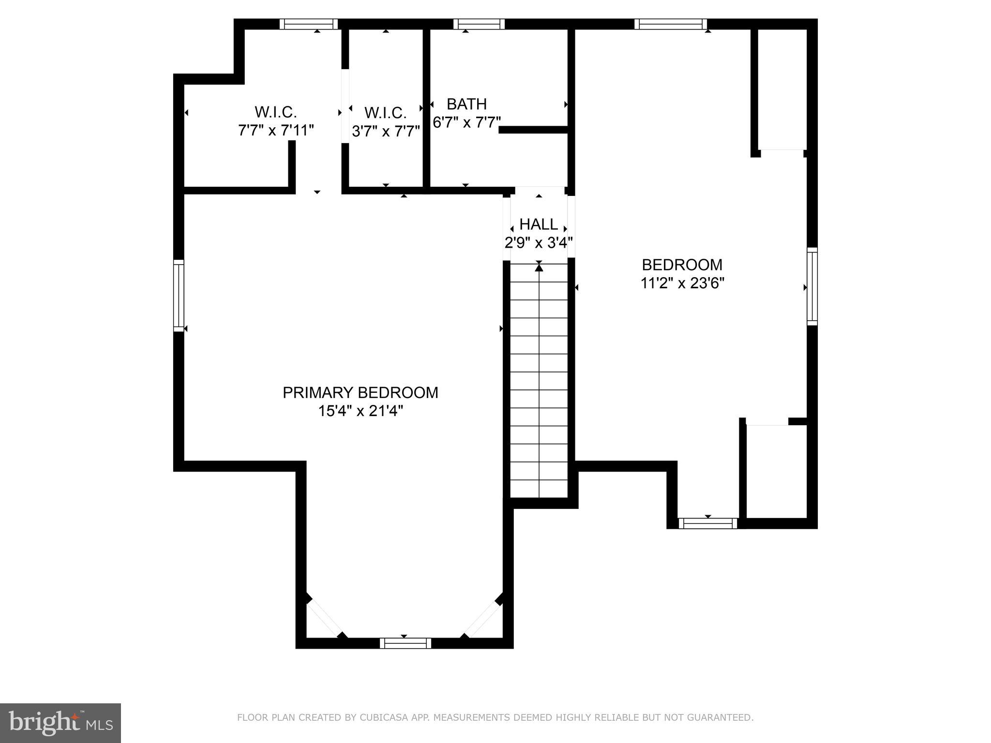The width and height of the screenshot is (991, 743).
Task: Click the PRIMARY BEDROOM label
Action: (x=360, y=392)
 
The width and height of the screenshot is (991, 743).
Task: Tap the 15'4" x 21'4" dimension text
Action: (x=360, y=411)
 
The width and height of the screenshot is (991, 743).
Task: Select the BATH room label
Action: (x=466, y=104)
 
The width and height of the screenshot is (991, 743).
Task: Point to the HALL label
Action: (x=539, y=224)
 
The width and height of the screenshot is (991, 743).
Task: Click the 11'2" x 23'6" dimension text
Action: (x=682, y=283)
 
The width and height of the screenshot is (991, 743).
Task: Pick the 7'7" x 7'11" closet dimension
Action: (x=276, y=130)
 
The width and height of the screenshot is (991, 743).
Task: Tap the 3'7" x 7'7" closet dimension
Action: (x=386, y=131)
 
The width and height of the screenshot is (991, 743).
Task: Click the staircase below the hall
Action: (x=539, y=380)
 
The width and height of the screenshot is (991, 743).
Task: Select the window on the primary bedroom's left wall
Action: (x=179, y=295)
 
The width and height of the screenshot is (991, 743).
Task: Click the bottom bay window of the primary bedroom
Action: (x=405, y=643)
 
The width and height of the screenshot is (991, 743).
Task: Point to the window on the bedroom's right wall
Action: (x=812, y=286)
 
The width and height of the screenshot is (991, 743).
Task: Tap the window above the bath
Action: (x=479, y=24)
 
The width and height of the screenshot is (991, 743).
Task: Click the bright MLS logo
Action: (x=60, y=723)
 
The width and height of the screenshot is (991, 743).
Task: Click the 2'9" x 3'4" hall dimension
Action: (x=539, y=242)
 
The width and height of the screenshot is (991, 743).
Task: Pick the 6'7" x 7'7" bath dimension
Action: (x=466, y=122)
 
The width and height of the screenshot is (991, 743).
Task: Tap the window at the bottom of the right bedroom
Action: (x=708, y=523)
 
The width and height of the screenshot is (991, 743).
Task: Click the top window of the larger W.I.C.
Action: (x=309, y=24)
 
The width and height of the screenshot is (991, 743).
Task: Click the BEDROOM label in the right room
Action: (x=682, y=265)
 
